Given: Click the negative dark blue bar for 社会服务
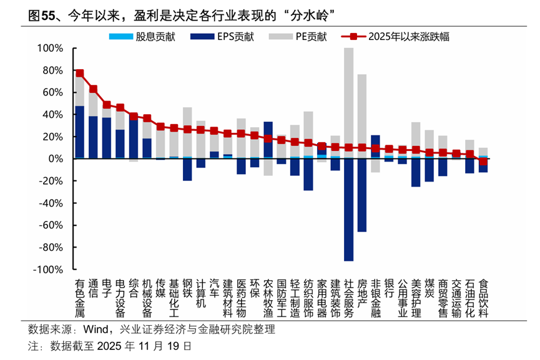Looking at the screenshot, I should click(348, 210).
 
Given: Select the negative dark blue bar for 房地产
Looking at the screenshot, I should click(362, 195).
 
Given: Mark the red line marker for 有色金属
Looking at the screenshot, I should click(79, 74).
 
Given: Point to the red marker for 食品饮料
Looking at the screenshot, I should click(483, 162).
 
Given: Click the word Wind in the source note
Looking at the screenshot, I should click(94, 329).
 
